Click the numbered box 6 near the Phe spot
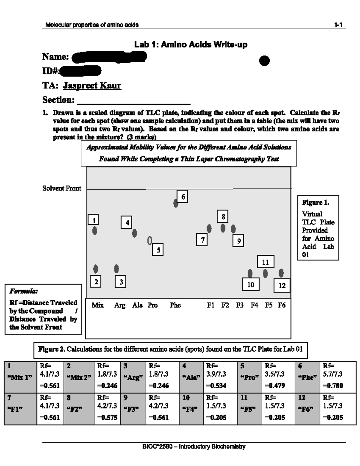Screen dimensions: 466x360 pos(182,197)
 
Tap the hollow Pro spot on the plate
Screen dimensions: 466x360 pos(149,240)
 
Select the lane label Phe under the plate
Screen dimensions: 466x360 pos(175,305)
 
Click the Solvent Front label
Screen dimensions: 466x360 pos(62,188)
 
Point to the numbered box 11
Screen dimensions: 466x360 pos(265,262)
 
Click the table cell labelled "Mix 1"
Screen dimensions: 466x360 pos(20,377)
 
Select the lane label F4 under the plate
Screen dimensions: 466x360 pos(254,305)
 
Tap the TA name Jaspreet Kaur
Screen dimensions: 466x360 pos(92,86)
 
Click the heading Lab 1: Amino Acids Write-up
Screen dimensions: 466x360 pos(190,45)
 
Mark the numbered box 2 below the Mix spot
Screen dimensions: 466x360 pos(96,281)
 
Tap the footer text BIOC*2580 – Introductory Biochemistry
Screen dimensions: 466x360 pos(194,447)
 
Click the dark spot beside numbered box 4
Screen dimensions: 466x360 pos(135,233)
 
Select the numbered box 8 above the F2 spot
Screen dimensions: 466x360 pos(223,216)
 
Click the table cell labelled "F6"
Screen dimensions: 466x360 pos(307,409)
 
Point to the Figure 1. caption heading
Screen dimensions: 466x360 pos(316,203)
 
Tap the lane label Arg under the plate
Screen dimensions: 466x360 pos(120,305)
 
